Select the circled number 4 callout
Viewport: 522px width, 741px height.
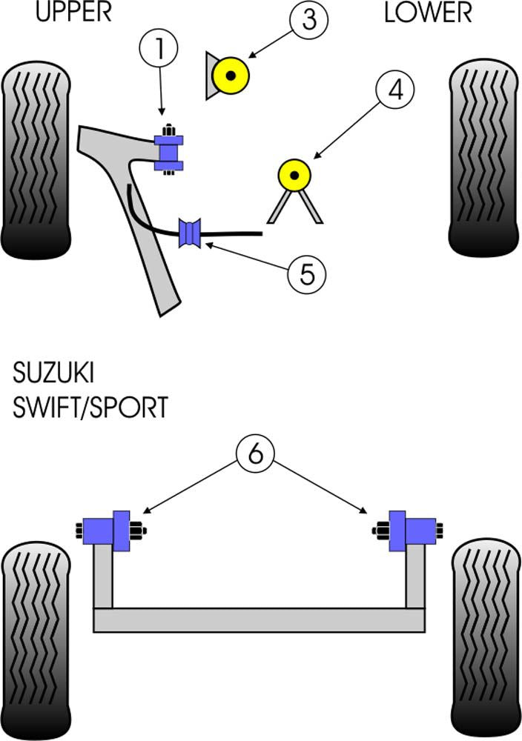click(x=396, y=91)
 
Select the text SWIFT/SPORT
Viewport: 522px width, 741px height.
click(x=90, y=407)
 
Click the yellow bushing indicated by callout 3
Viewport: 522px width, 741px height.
click(x=231, y=74)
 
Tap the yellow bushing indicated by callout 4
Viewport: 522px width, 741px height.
click(x=294, y=175)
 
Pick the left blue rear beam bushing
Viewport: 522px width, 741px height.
click(x=108, y=531)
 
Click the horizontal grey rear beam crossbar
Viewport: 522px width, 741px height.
click(x=260, y=620)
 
